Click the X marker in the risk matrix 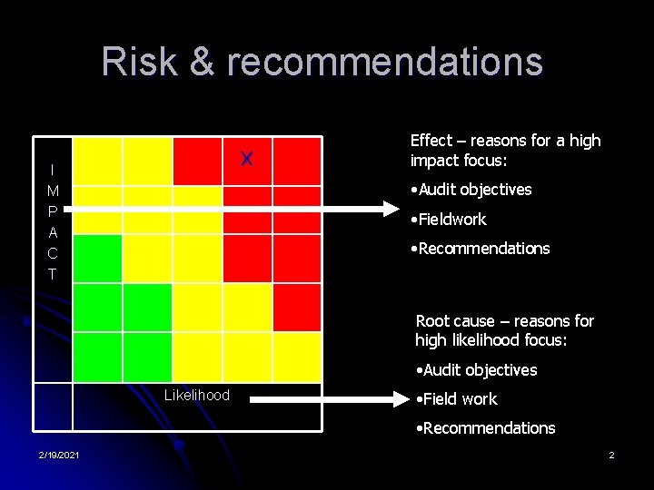pyautogui.click(x=246, y=160)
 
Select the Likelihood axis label pyautogui.click(x=197, y=395)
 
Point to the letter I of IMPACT pyautogui.click(x=54, y=170)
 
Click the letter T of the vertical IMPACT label pyautogui.click(x=54, y=274)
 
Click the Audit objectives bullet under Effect pyautogui.click(x=471, y=190)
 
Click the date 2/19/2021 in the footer pyautogui.click(x=59, y=454)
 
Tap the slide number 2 pyautogui.click(x=611, y=454)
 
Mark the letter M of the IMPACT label pyautogui.click(x=54, y=191)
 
